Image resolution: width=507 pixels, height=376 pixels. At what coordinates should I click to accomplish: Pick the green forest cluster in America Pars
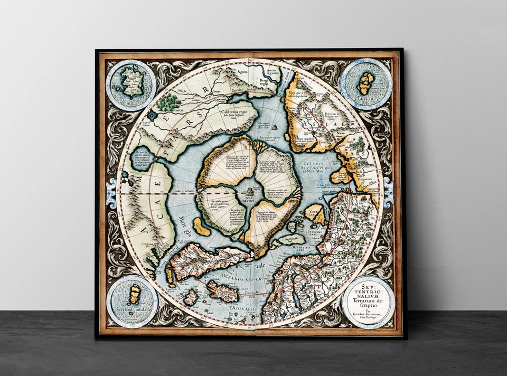coord(170,100)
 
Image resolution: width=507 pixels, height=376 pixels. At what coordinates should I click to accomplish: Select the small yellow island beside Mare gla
coord(202,227)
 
